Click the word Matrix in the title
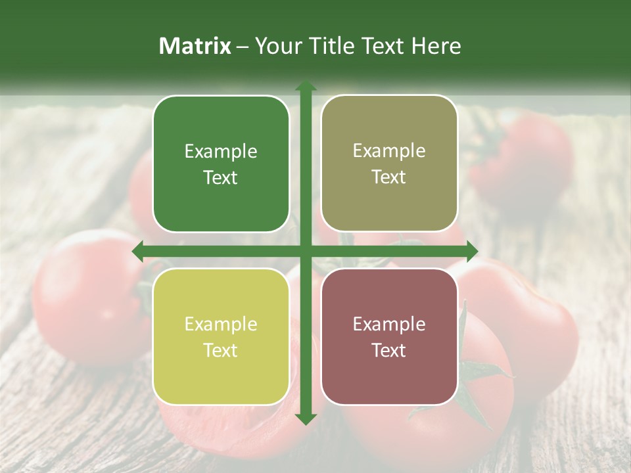[x=195, y=46]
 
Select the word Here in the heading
[x=436, y=46]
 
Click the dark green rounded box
[x=221, y=164]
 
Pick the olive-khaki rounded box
[x=389, y=164]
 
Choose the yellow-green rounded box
[x=221, y=336]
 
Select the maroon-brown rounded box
[x=389, y=336]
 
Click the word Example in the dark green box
[x=221, y=152]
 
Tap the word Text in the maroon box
[x=389, y=350]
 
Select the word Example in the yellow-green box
[x=221, y=325]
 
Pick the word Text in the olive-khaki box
[x=389, y=177]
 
